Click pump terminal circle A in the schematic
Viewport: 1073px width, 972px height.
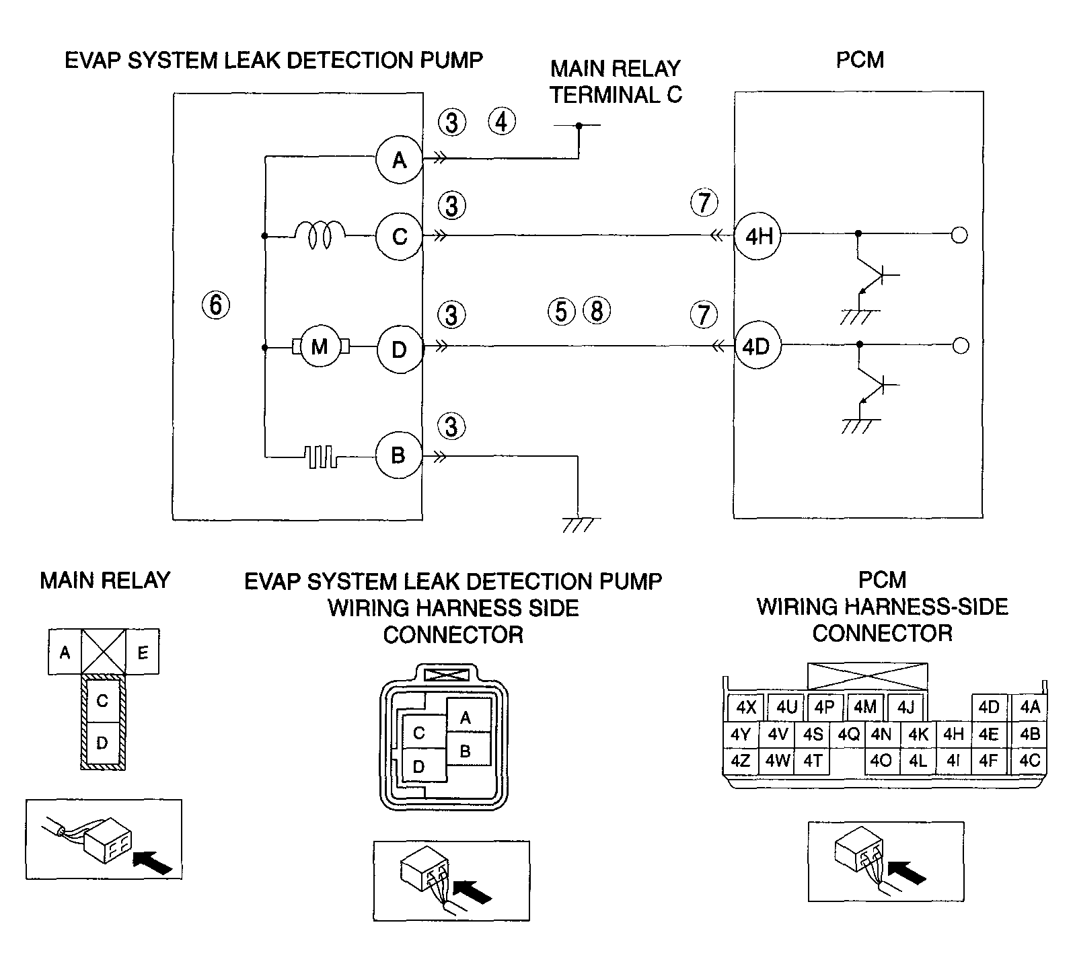point(399,160)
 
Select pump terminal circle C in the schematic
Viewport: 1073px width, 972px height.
point(399,237)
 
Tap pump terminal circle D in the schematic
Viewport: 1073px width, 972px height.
point(399,350)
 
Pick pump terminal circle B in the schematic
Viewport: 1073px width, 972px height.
point(398,455)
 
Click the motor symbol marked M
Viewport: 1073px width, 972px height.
point(320,347)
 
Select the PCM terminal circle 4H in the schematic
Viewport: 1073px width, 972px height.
point(757,236)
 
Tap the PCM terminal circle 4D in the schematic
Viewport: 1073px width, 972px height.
point(756,347)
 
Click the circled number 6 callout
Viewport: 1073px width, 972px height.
point(215,305)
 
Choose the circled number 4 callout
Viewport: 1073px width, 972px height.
point(501,122)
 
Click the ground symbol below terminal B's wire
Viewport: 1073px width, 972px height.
point(579,523)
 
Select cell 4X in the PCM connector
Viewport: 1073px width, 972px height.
point(746,708)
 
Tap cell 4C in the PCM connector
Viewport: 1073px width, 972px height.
point(1029,761)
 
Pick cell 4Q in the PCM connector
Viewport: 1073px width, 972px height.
point(848,735)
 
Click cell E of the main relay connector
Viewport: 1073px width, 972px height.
point(143,652)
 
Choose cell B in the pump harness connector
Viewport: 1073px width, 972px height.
point(466,751)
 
